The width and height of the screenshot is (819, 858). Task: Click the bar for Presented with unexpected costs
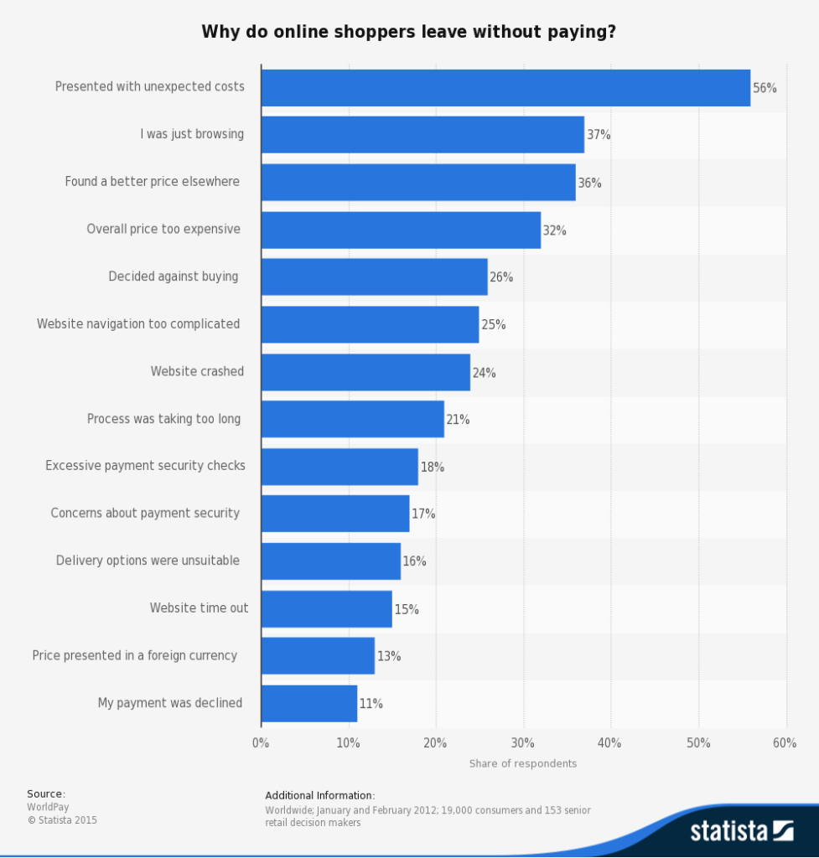coord(505,88)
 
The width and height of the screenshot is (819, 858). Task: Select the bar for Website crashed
coord(365,372)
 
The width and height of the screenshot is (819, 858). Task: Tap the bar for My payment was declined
coord(308,704)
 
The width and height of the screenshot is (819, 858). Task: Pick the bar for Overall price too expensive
coord(401,230)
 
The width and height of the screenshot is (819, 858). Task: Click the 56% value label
coord(765,88)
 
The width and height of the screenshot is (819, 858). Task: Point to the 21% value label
coord(458,420)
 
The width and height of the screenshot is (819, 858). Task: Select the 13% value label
coord(389,657)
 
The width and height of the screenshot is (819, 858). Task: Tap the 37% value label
coord(599,135)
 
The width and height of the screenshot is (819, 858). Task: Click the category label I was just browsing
coord(192,134)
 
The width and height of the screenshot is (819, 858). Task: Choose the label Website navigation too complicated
coord(138,324)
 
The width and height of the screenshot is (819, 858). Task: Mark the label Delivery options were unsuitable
coord(148,561)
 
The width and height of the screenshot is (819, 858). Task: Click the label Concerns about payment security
coord(145,514)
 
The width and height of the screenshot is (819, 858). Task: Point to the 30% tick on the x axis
coord(523,743)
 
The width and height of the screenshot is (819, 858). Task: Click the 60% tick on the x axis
coord(785,743)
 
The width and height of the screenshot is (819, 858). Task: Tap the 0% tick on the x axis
coord(261,743)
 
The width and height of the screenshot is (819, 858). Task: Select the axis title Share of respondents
coord(523,763)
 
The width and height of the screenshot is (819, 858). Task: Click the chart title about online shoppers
coord(409,32)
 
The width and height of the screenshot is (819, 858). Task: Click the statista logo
coord(741,830)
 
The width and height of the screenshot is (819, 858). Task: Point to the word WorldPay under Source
coord(48,807)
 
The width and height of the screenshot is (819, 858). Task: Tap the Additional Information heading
coord(320,795)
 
